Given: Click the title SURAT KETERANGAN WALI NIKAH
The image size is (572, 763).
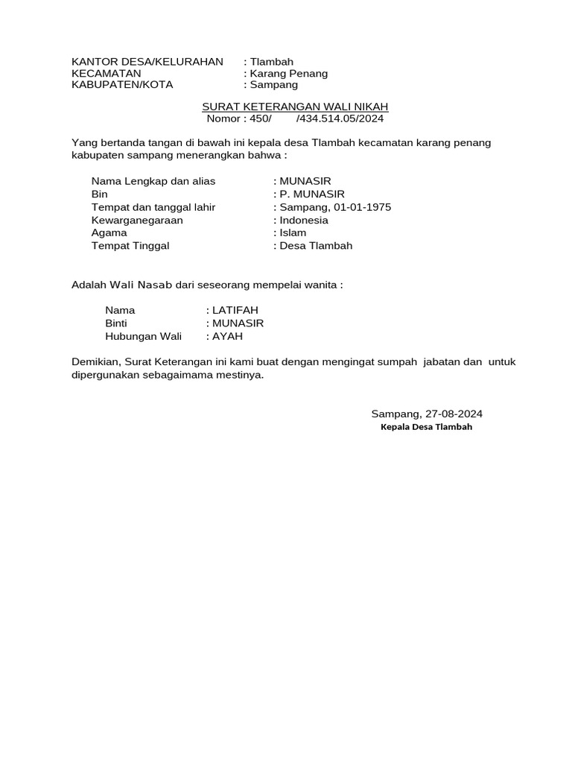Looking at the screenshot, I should [x=296, y=107].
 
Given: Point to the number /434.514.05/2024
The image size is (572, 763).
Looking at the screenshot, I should [x=340, y=118].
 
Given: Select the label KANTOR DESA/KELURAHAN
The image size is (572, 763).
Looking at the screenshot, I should [x=147, y=61].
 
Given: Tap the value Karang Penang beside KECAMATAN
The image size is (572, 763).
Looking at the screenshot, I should [x=289, y=73].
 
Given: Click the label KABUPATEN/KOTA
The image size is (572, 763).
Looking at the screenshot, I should [x=122, y=84].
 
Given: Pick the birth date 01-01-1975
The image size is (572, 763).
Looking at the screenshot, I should [x=363, y=207].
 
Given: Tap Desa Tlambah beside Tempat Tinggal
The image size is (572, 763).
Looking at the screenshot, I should [x=316, y=245].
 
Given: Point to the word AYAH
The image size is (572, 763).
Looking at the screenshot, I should [x=229, y=336].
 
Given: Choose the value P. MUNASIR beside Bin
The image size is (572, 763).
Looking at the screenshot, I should [x=312, y=194].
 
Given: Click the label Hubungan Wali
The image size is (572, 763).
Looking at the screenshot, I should [x=144, y=336].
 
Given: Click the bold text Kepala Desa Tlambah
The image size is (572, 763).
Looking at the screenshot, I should [x=426, y=427].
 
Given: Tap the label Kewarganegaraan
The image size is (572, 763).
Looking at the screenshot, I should [x=137, y=220].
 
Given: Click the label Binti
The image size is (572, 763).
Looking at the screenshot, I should [x=118, y=323].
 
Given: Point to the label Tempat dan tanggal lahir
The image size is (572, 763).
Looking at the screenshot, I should [x=153, y=207].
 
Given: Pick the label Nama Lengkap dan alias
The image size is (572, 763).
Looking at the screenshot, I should [x=153, y=181].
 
